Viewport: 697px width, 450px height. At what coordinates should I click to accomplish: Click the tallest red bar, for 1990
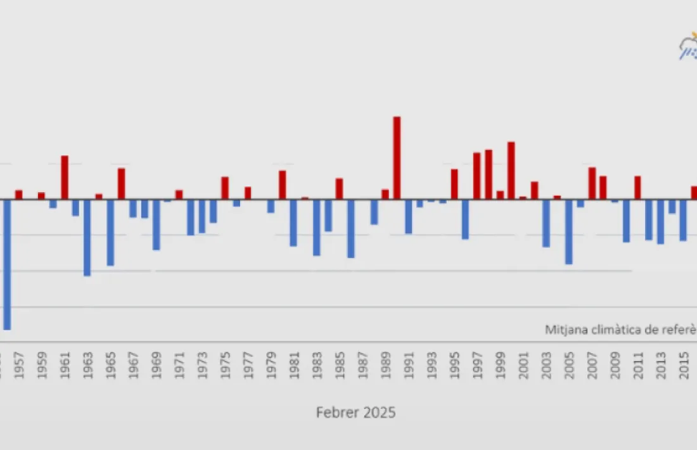pyautogui.click(x=397, y=158)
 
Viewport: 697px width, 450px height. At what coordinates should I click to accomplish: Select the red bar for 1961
pyautogui.click(x=65, y=177)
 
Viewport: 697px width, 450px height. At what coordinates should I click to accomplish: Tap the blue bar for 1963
pyautogui.click(x=87, y=238)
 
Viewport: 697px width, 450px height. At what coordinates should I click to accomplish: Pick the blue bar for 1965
pyautogui.click(x=110, y=233)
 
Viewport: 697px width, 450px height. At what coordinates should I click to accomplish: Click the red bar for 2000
pyautogui.click(x=511, y=170)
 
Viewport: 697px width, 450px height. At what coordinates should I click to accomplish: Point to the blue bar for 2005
pyautogui.click(x=569, y=232)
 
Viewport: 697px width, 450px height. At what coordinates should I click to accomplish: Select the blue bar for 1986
pyautogui.click(x=350, y=229)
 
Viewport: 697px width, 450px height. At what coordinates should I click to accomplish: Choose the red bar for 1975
pyautogui.click(x=225, y=188)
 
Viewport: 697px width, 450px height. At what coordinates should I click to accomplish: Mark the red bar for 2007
pyautogui.click(x=592, y=183)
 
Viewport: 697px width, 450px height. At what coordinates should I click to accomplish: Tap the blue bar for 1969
pyautogui.click(x=156, y=225)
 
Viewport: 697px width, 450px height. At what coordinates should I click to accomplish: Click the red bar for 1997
pyautogui.click(x=476, y=176)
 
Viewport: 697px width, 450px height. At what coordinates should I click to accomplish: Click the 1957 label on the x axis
pyautogui.click(x=19, y=369)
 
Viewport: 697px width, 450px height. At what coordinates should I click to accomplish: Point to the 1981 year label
pyautogui.click(x=294, y=369)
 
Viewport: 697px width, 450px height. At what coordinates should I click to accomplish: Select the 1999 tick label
pyautogui.click(x=501, y=369)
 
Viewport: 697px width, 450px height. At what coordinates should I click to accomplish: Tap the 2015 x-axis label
pyautogui.click(x=684, y=369)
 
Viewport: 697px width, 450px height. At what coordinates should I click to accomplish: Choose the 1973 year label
pyautogui.click(x=202, y=369)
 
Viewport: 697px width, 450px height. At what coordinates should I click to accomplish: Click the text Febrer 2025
pyautogui.click(x=356, y=413)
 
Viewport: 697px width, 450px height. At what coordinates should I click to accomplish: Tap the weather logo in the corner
pyautogui.click(x=688, y=48)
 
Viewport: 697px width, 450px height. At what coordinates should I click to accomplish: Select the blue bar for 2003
pyautogui.click(x=546, y=223)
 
